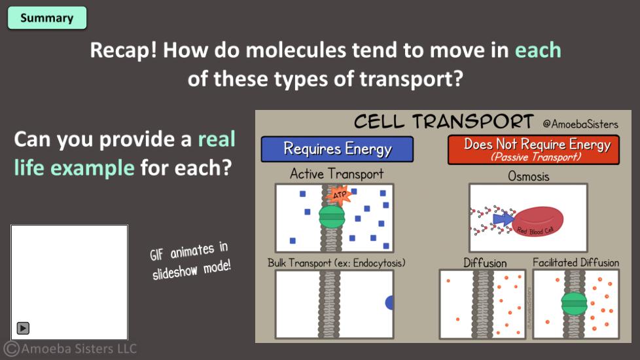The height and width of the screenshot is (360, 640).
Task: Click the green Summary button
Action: coord(47,18)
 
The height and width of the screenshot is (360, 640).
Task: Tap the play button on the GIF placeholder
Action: coord(23,328)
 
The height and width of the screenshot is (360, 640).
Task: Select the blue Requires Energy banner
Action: coord(337,149)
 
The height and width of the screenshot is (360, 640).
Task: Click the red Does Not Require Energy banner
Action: coord(533,149)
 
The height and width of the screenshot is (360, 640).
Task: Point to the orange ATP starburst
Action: coord(339,194)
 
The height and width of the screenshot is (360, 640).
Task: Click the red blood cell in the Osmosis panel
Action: coord(539,223)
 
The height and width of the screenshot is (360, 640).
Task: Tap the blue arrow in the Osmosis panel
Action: coord(503,219)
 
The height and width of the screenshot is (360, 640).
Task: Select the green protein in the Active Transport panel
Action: coord(332,216)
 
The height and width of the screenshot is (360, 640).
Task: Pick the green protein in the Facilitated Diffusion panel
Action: coord(574,304)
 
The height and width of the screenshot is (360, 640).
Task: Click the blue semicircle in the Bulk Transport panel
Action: coord(389,302)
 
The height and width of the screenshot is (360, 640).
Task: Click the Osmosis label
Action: coord(528,176)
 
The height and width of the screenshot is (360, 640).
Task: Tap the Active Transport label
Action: coord(337,174)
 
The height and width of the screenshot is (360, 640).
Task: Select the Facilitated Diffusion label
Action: coord(575,262)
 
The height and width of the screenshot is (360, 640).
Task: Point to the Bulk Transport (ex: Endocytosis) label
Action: coord(336,263)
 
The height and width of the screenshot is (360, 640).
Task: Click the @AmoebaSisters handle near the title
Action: coord(580,124)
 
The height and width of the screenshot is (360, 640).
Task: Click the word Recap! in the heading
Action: coord(123,50)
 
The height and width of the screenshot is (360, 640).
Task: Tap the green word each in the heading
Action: coord(538,50)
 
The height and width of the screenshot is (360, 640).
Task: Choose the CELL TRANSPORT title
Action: coord(444,121)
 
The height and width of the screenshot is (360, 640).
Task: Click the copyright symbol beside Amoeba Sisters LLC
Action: coord(11,349)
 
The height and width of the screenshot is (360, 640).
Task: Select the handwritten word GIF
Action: coord(156,254)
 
